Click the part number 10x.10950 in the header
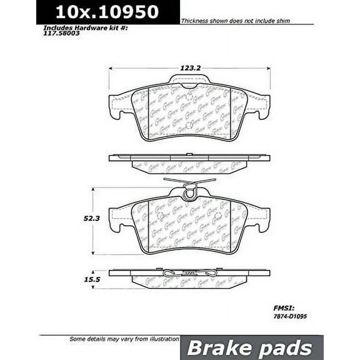pyautogui.click(x=107, y=12)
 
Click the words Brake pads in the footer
pyautogui.click(x=251, y=347)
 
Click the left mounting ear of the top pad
pyautogui.click(x=119, y=106)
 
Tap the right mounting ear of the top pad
pyautogui.click(x=260, y=106)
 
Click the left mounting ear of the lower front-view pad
pyautogui.click(x=119, y=219)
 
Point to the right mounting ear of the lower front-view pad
pyautogui.click(x=260, y=219)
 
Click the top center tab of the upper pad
pyautogui.click(x=189, y=80)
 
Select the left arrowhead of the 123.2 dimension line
pyautogui.click(x=112, y=68)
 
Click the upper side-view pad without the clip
pyautogui.click(x=189, y=162)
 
